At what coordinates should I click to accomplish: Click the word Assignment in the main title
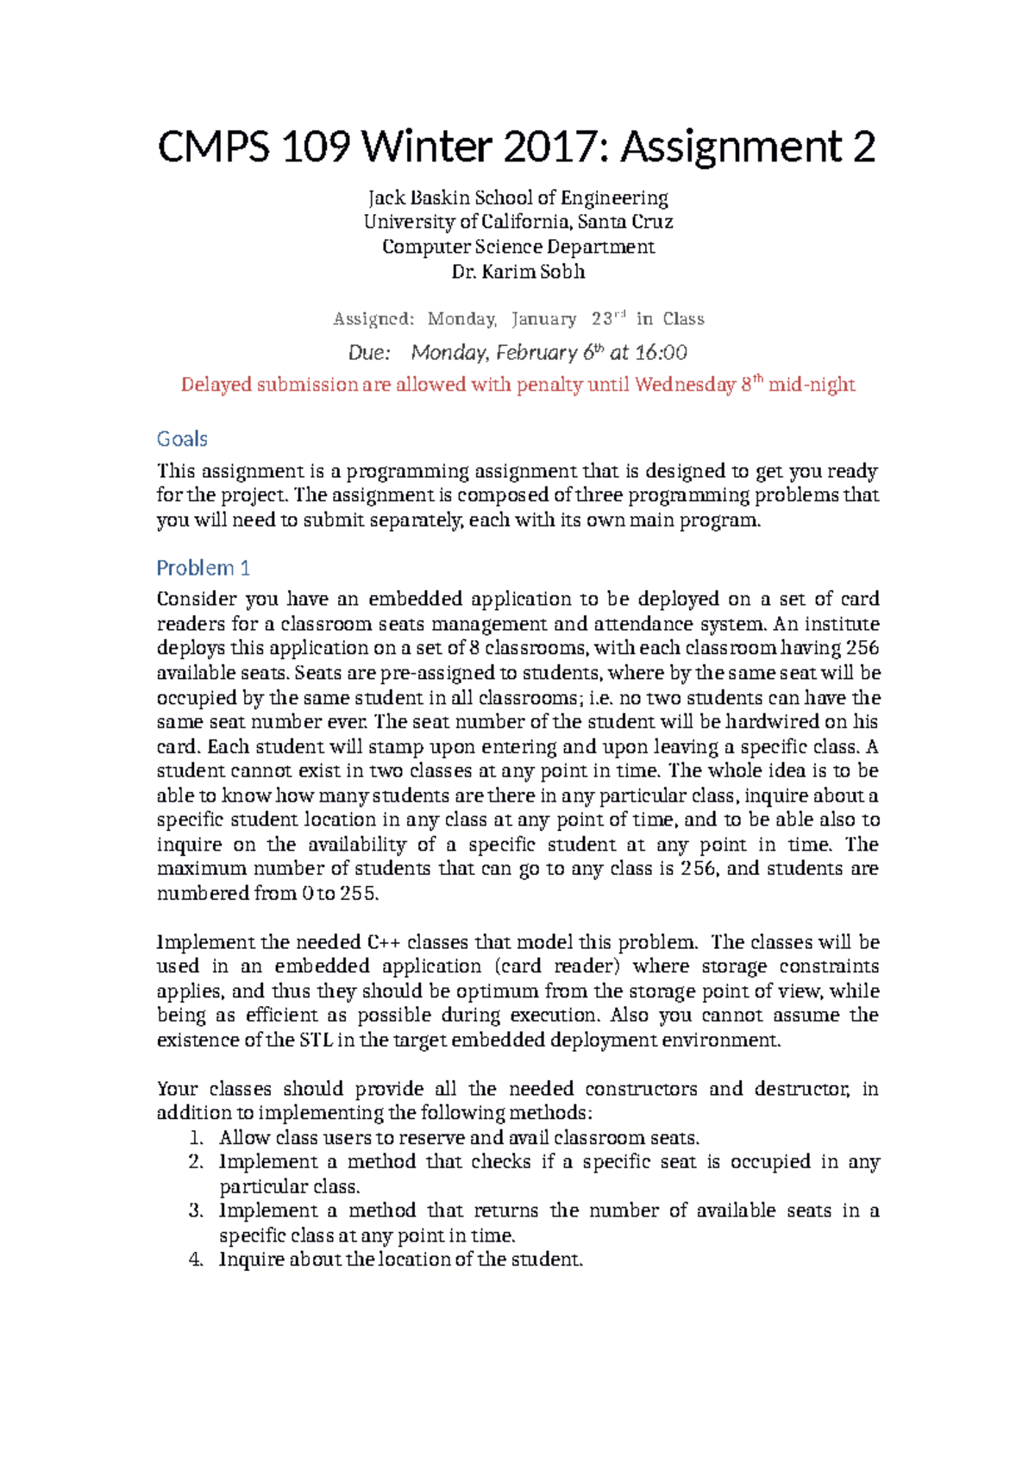[x=731, y=147]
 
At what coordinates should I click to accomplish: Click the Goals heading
[x=182, y=439]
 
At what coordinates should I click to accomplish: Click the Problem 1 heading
[x=203, y=568]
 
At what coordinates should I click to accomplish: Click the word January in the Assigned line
[x=543, y=319]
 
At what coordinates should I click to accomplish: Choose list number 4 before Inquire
[x=195, y=1260]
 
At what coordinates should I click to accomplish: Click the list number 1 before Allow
[x=195, y=1138]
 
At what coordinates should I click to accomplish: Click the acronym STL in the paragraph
[x=316, y=1040]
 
